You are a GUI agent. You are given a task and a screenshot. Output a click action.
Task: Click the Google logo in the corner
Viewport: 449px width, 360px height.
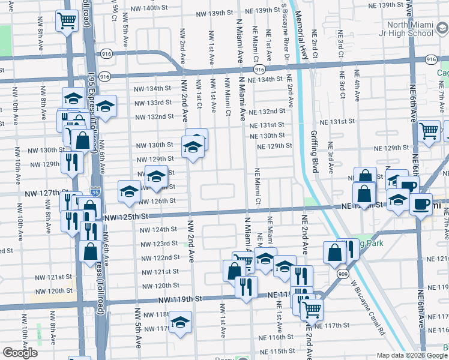tap(20, 353)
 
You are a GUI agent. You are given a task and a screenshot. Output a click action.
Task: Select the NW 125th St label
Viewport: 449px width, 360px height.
tap(123, 217)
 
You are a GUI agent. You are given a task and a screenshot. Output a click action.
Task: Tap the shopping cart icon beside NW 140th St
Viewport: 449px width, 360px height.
tap(67, 20)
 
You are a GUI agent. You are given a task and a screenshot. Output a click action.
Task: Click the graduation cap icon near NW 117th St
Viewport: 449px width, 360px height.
tap(180, 322)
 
